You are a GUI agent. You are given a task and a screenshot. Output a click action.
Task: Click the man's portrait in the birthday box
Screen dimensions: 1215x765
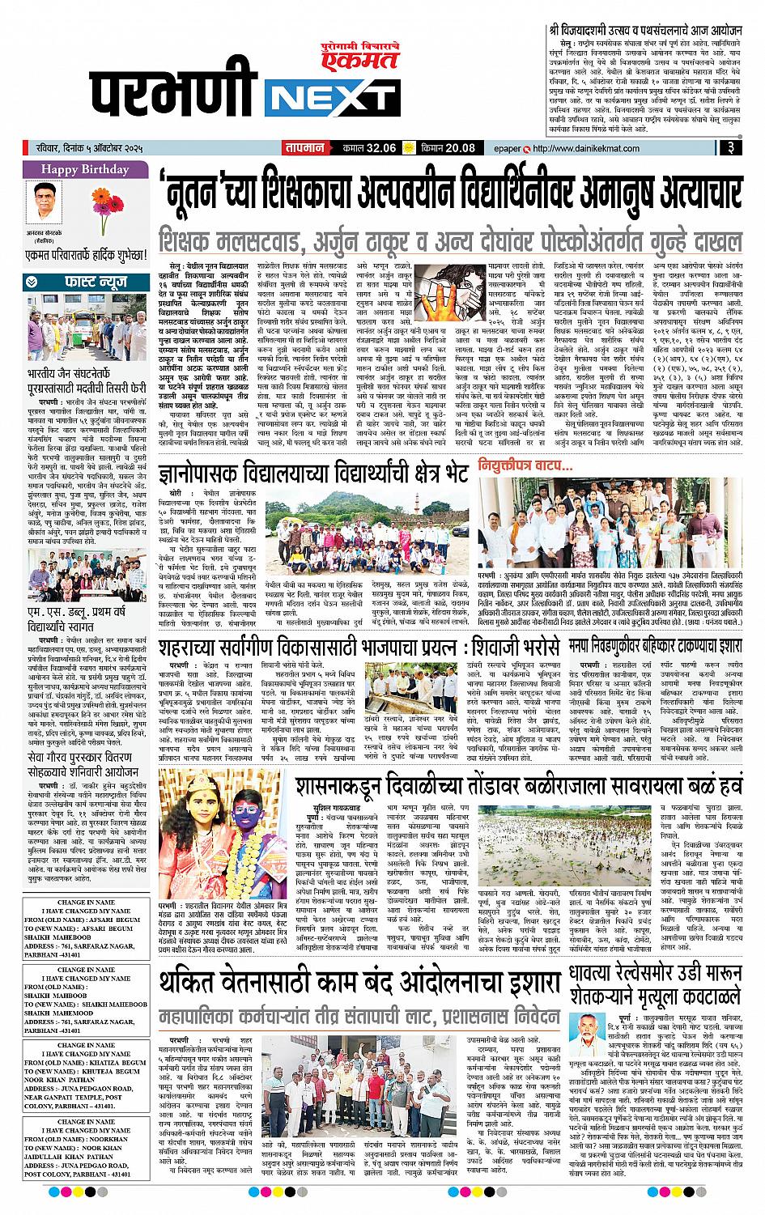pyautogui.click(x=48, y=198)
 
